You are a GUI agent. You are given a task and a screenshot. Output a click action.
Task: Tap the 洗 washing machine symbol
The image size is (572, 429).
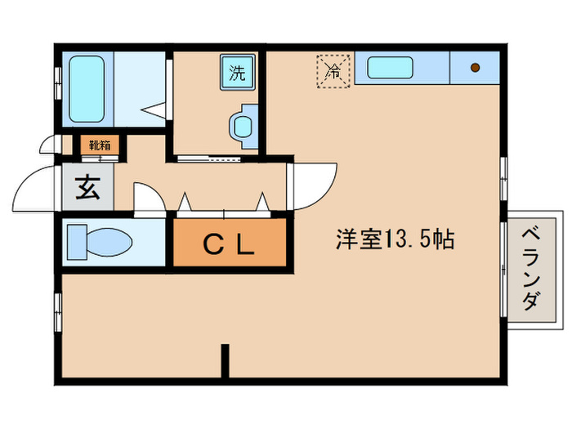237,72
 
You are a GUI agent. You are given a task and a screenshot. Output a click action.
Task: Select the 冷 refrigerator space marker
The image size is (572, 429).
333,70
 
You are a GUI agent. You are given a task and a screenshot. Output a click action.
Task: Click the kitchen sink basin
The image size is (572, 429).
393,67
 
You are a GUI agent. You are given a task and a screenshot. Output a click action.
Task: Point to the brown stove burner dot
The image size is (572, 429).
474,67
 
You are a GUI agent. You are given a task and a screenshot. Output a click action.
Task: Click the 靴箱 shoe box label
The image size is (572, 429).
100,146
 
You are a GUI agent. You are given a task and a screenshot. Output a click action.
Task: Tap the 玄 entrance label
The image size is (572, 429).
87,190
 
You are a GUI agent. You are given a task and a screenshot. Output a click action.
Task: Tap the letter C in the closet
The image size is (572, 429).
211,244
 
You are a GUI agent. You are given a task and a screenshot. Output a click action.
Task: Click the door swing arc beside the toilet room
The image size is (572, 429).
147,199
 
